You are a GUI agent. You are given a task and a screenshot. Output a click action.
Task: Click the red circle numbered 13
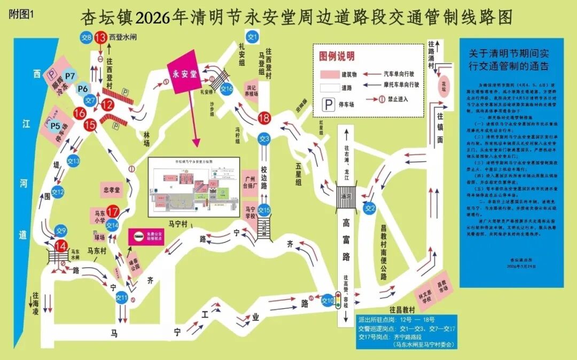pos(100,37)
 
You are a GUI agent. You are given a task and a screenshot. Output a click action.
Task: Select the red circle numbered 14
pos(61,246)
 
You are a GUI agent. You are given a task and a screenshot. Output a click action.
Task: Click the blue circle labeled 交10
pos(327,301)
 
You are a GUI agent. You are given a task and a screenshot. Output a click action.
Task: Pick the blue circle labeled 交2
pos(370,208)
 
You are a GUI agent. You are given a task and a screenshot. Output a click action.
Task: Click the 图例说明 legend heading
pos(337,56)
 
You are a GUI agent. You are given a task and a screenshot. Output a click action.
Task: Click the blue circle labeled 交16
pos(227,89)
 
